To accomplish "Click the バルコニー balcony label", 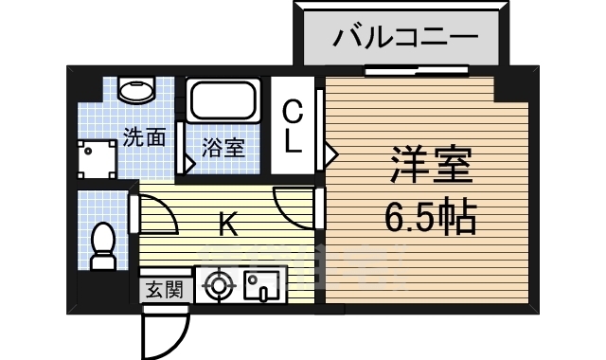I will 404,40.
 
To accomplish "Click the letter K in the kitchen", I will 228,225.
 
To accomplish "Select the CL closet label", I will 294,129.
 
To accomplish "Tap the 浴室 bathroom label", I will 223,148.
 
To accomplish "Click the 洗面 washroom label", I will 144,137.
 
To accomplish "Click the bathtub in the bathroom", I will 223,101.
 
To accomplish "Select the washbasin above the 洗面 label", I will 136,92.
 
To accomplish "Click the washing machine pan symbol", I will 97,159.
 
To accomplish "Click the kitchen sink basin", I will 258,285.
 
